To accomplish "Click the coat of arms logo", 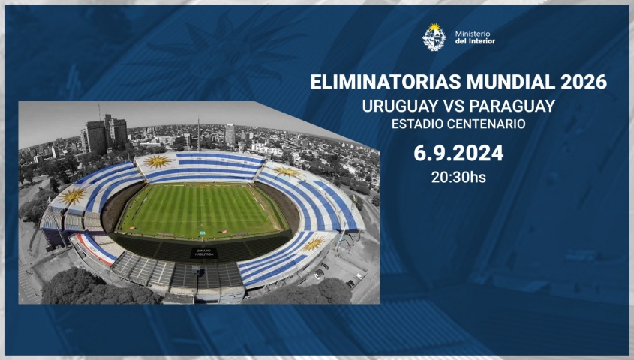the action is [x=434, y=37].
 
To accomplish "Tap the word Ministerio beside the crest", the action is [x=472, y=34].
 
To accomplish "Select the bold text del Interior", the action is [x=475, y=41].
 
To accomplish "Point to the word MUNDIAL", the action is [x=512, y=82].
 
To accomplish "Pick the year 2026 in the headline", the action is [x=584, y=82].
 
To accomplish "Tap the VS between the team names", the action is [x=455, y=106].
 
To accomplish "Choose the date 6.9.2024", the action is [x=458, y=154].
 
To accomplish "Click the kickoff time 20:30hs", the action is [x=458, y=177].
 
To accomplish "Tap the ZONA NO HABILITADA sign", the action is [x=204, y=253].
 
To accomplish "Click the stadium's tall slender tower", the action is [x=199, y=133].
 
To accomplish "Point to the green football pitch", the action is [x=201, y=210].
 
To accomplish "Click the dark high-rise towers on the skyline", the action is [x=104, y=135].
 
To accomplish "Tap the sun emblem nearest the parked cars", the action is [x=313, y=244].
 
